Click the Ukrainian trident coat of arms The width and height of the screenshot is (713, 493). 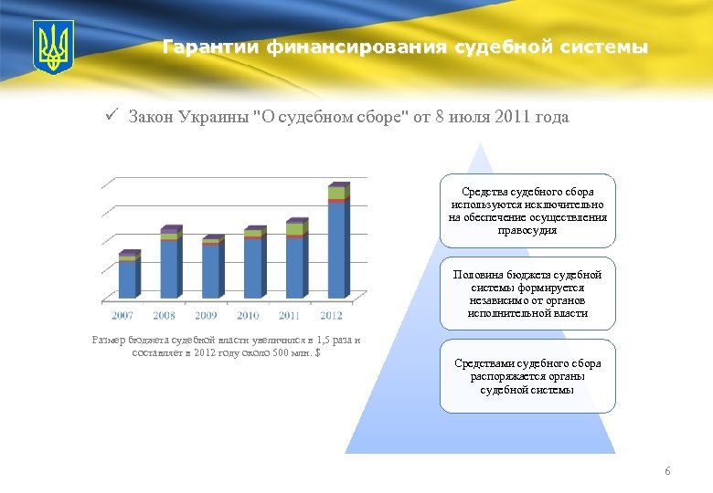(x=53, y=47)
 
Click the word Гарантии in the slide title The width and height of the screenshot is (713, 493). (x=212, y=47)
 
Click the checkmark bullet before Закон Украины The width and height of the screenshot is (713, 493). (x=109, y=116)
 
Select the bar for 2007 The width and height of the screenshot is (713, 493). (x=128, y=278)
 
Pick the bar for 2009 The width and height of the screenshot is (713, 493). (x=211, y=269)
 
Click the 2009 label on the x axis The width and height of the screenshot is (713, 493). (x=206, y=315)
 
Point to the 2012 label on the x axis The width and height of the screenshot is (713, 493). (x=331, y=315)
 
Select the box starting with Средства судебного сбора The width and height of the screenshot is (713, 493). (x=527, y=211)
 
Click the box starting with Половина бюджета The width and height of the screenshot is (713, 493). (x=527, y=293)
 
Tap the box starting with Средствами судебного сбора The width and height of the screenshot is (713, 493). (x=527, y=376)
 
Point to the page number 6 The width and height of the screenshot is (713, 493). (x=667, y=471)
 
